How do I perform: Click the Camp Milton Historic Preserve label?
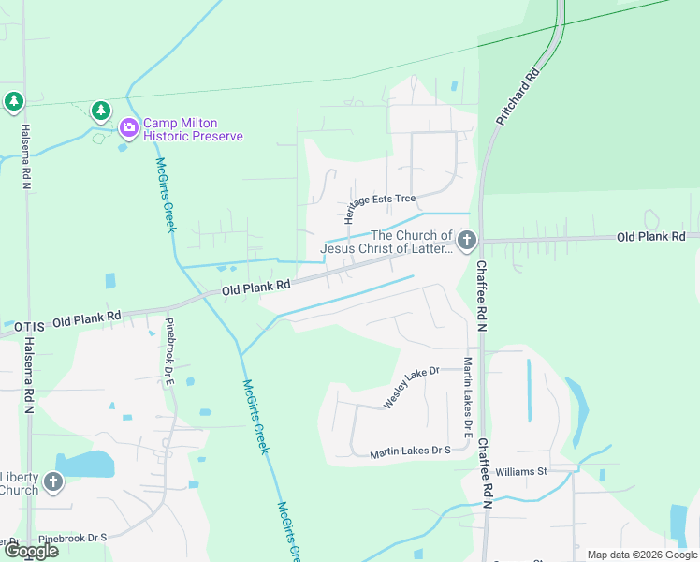(193, 129)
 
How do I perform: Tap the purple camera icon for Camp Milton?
(129, 126)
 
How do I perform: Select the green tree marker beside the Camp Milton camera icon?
(100, 112)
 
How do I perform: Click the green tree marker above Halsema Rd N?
(13, 101)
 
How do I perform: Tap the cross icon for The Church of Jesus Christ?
(466, 242)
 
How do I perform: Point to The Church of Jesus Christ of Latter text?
(386, 242)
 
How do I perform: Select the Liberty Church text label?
(19, 483)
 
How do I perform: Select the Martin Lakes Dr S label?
(410, 451)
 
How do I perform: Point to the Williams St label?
(520, 471)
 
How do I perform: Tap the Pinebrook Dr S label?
(73, 538)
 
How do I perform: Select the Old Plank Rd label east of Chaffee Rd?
(650, 237)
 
